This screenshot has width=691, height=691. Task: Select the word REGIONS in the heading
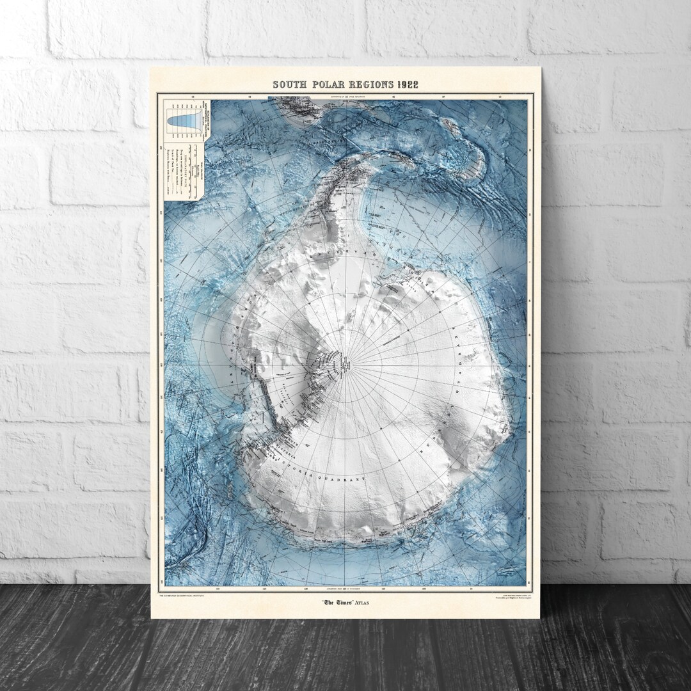coord(367,84)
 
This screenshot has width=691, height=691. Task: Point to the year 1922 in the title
coord(406,84)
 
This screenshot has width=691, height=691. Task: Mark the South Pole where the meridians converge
coord(346,365)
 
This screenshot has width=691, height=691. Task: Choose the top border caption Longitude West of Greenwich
coord(345,96)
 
